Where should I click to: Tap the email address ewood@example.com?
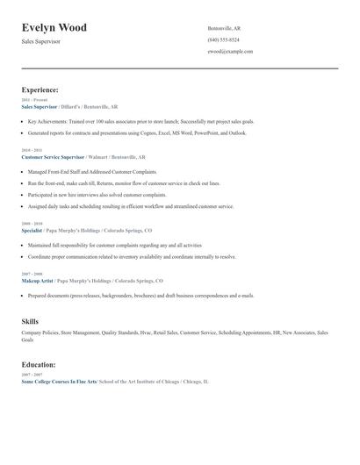231,52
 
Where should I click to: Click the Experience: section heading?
40,89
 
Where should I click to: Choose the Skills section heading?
30,322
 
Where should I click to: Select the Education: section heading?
39,364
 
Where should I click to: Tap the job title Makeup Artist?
37,280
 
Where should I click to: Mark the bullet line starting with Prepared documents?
140,296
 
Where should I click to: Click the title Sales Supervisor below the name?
41,41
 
